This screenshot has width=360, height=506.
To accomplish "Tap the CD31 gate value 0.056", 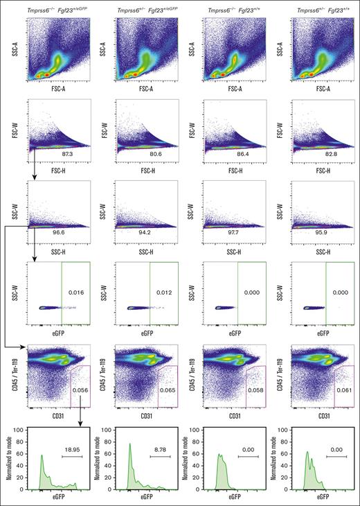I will (80, 392).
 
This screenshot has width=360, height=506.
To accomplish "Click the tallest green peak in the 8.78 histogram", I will (129, 445).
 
